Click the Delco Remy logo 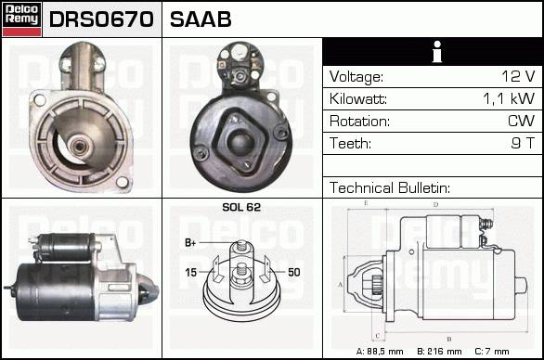tap(21, 19)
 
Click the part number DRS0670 tap(101, 19)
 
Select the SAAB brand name tap(201, 19)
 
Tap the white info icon tap(437, 52)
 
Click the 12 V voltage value tap(518, 76)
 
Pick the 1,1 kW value tap(509, 99)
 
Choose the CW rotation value tap(521, 121)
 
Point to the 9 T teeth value tap(523, 143)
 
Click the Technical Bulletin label tap(390, 188)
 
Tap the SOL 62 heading tap(241, 207)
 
